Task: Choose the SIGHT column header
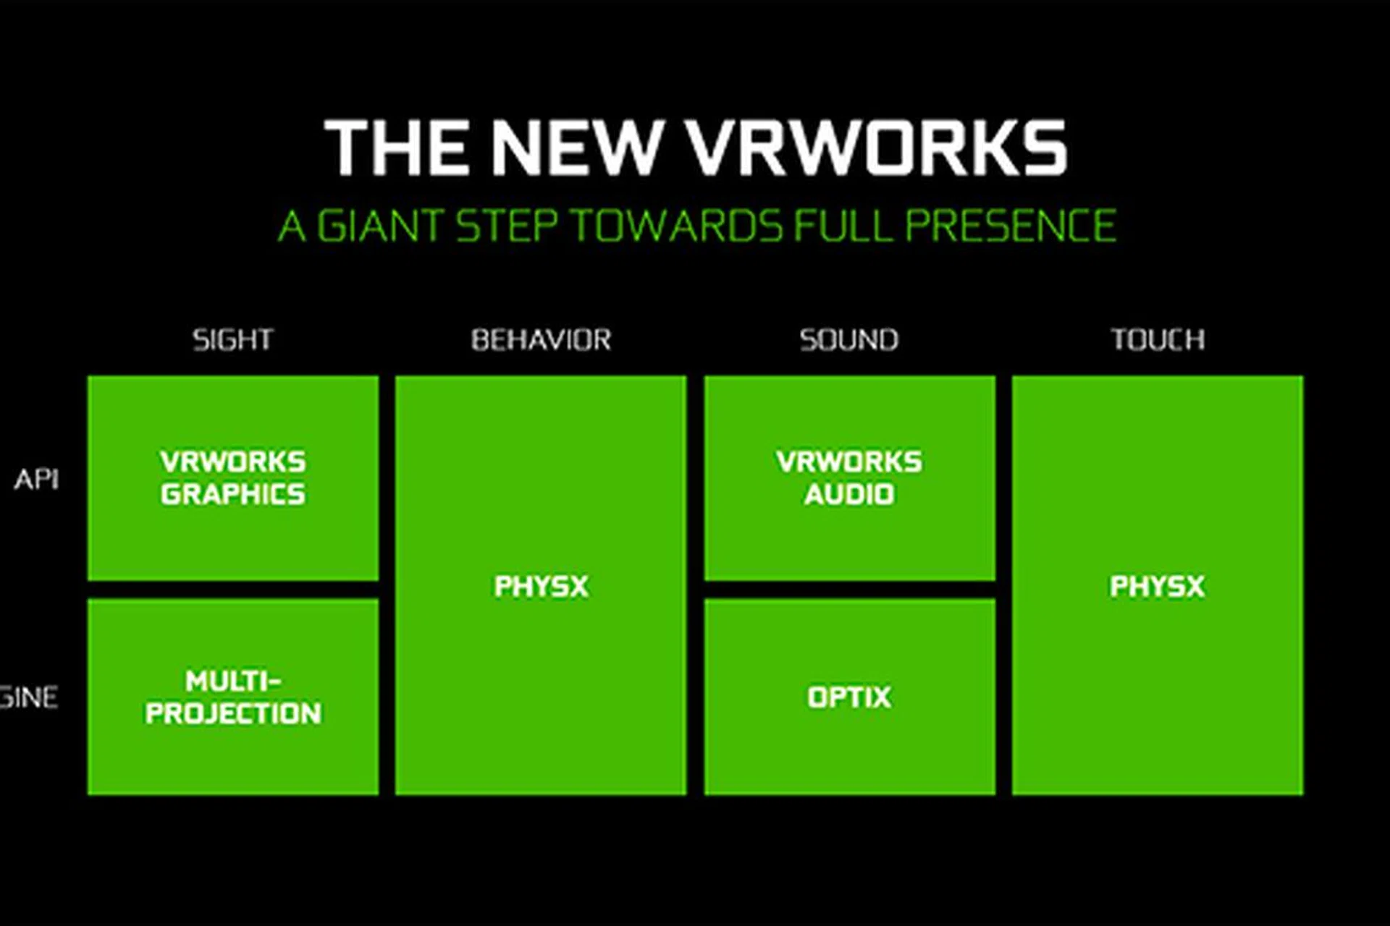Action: click(232, 339)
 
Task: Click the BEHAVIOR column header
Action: click(541, 339)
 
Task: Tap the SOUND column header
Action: click(848, 339)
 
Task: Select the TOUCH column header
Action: click(1158, 339)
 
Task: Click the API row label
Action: click(36, 479)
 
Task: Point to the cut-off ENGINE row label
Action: click(29, 697)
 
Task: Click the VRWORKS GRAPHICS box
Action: click(232, 478)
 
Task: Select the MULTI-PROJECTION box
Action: click(232, 697)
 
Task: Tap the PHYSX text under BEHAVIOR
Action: click(541, 586)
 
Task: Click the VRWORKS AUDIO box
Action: click(848, 478)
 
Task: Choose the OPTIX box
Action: click(848, 697)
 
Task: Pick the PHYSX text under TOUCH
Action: click(1157, 586)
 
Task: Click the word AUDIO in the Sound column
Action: click(848, 495)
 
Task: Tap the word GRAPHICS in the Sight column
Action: click(232, 495)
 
